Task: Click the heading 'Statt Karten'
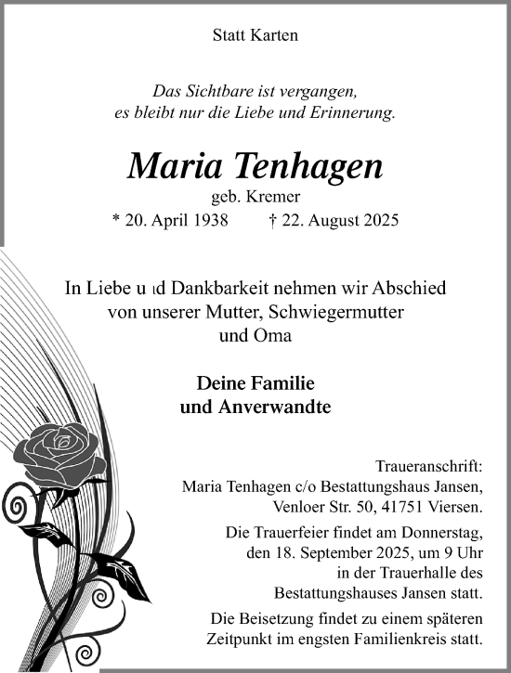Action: pyautogui.click(x=255, y=36)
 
